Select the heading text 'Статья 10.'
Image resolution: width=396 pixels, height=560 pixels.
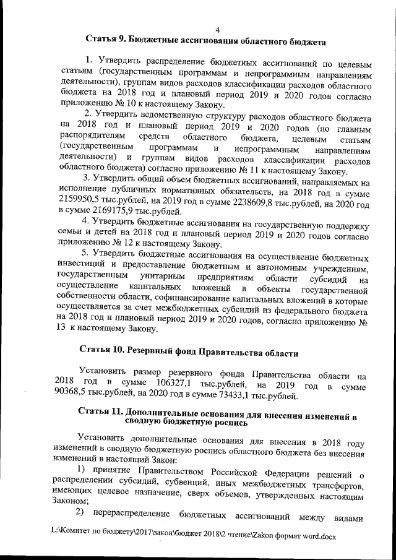coord(103,351)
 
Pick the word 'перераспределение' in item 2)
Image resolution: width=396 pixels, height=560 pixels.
coord(131,517)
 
